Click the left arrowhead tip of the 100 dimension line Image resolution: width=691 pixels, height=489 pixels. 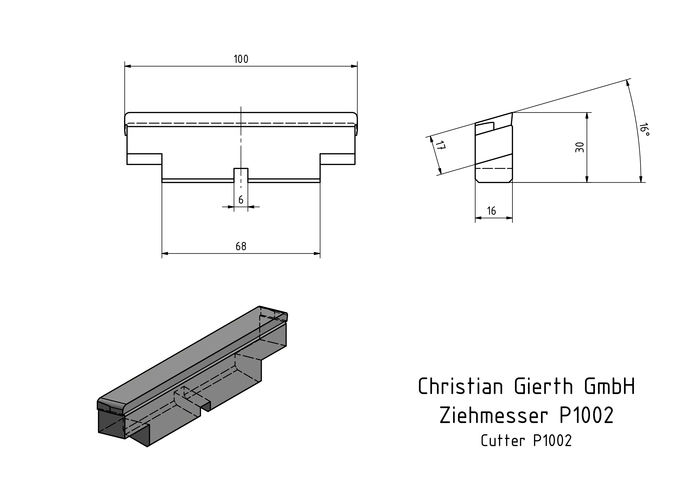click(125, 66)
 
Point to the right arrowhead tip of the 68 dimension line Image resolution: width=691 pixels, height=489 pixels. click(320, 253)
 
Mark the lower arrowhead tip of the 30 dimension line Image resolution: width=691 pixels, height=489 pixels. click(587, 182)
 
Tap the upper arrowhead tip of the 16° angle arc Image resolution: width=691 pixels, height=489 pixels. click(627, 80)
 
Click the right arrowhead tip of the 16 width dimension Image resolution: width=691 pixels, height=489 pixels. click(512, 218)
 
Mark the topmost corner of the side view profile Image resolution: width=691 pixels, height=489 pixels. click(512, 112)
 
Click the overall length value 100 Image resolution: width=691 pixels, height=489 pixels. click(241, 59)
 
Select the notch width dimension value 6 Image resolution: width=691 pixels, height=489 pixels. click(241, 200)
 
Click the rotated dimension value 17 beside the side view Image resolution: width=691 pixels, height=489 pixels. click(440, 146)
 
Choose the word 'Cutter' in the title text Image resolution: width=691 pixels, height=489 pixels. click(503, 440)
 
